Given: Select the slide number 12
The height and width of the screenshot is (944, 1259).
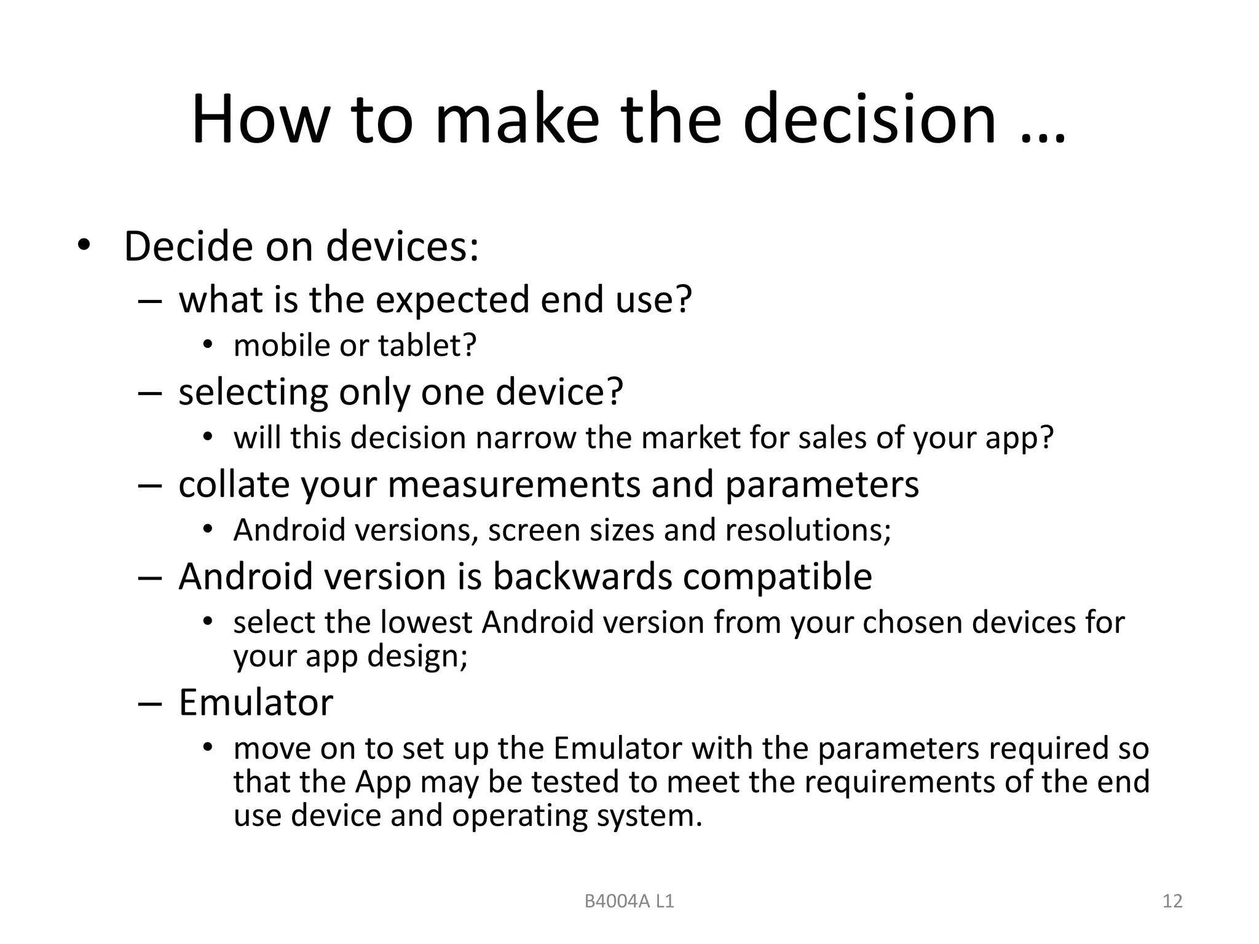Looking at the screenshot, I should [1172, 901].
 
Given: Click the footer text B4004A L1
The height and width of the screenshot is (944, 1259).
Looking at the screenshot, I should [629, 902].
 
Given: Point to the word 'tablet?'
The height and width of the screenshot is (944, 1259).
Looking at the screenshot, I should [427, 345].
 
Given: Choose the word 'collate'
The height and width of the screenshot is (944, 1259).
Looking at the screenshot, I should [233, 484].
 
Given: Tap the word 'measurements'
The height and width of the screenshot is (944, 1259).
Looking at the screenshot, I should [515, 484].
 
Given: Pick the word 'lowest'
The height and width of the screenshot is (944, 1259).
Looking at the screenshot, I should [426, 622].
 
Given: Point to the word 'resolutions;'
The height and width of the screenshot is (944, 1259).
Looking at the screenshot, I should [808, 530].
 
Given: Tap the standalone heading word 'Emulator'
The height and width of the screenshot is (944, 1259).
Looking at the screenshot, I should [256, 702].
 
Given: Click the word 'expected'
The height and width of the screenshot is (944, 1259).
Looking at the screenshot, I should [452, 299].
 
